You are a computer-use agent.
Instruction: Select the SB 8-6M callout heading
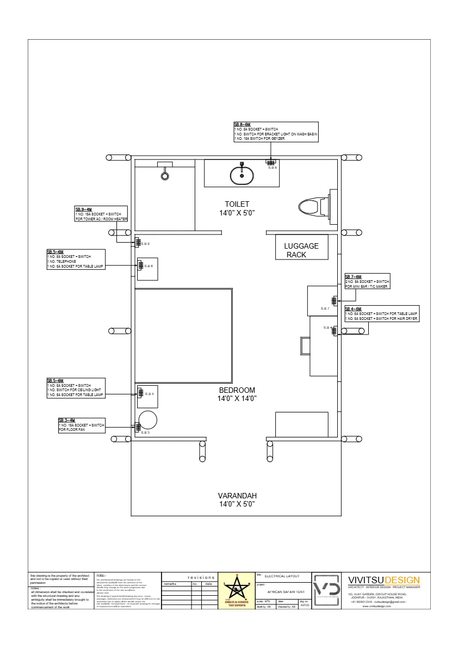click(243, 125)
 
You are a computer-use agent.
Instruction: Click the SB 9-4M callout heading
click(84, 209)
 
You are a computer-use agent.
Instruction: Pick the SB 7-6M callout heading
click(354, 276)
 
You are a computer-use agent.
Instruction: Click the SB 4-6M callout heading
click(354, 308)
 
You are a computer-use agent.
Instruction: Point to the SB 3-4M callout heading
click(67, 420)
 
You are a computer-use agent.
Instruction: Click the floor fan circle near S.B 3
click(147, 421)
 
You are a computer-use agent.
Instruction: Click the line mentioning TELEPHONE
click(62, 261)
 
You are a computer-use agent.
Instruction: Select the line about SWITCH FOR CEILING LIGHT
click(73, 390)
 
